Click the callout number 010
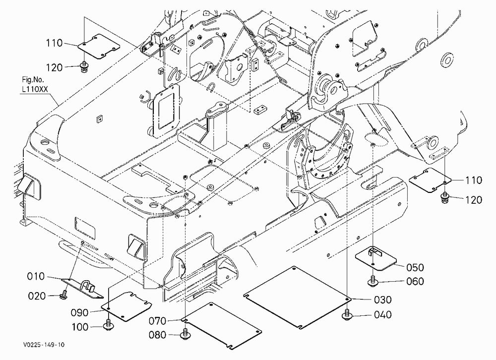pos(36,277)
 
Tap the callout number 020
pos(37,296)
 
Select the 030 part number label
pos(383,300)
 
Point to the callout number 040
pos(383,315)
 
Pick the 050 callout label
pos(415,268)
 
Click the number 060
pos(415,281)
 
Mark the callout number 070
pos(158,321)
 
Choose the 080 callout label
pos(158,335)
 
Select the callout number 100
pos(80,327)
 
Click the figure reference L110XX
pos(35,90)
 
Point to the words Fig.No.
pos(33,79)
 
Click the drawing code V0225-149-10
pos(44,345)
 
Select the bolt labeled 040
pos(347,314)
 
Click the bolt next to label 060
pos(372,281)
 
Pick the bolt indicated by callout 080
pos(185,334)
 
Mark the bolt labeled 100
pos(109,325)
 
